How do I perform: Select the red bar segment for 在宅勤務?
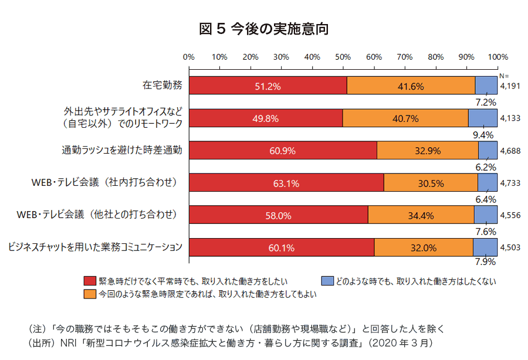(268, 86)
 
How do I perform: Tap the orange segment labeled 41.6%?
(411, 86)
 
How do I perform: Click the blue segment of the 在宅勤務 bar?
(486, 86)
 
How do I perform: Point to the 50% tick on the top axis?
(343, 57)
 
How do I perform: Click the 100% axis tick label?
(497, 57)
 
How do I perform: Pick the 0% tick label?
(189, 57)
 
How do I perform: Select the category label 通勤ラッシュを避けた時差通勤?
(122, 150)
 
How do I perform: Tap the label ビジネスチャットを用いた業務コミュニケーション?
(94, 247)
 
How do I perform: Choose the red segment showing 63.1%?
(286, 183)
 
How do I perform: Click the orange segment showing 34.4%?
(421, 215)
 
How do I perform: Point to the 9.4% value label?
(486, 135)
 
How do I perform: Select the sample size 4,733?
(510, 183)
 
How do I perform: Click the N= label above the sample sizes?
(504, 76)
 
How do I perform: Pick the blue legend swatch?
(327, 281)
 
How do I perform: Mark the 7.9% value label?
(486, 261)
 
